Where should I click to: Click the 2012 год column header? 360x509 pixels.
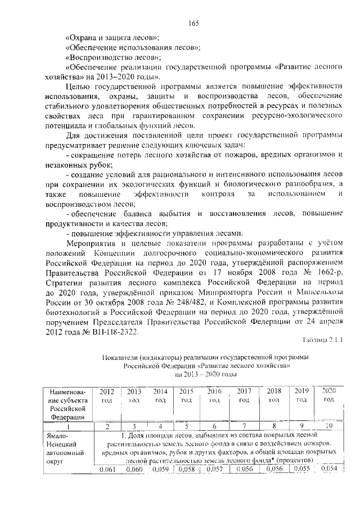tap(107, 395)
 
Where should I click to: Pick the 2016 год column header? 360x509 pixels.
tap(214, 395)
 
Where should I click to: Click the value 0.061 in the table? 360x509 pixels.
tap(107, 469)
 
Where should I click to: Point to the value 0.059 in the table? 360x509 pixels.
tap(160, 469)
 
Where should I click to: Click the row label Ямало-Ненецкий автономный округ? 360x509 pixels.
tap(66, 448)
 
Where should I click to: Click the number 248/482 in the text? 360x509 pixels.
tap(173, 303)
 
